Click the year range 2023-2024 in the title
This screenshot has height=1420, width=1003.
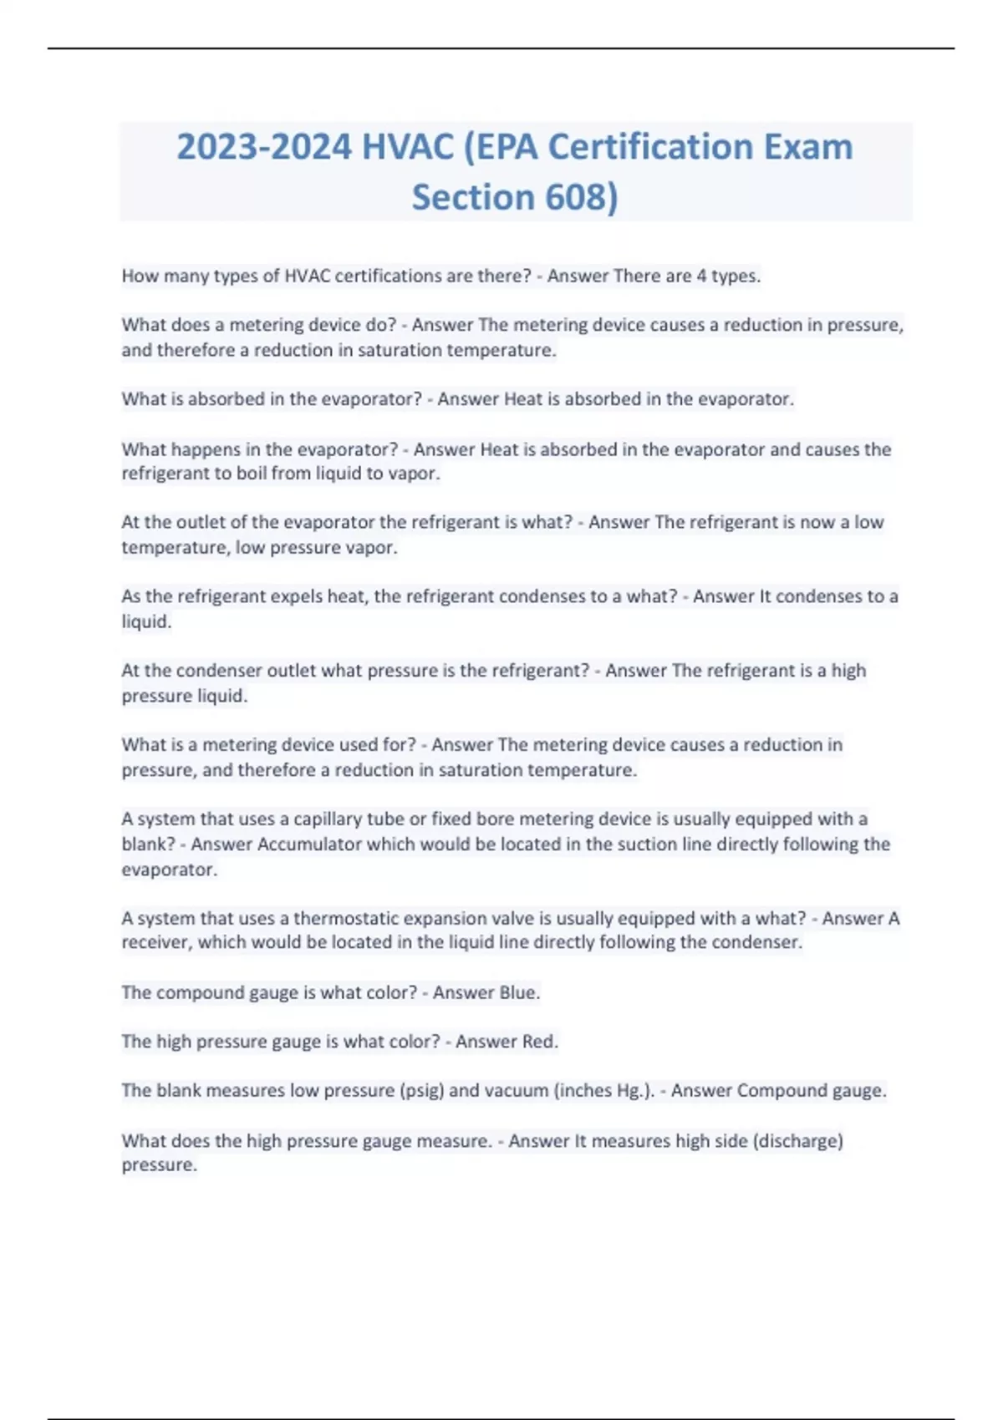(x=263, y=148)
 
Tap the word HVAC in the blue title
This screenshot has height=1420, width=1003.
(x=407, y=148)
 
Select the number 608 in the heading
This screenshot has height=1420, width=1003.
(x=576, y=198)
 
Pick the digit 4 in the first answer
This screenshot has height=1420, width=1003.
(x=701, y=276)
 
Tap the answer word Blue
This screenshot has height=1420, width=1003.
(x=519, y=992)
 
